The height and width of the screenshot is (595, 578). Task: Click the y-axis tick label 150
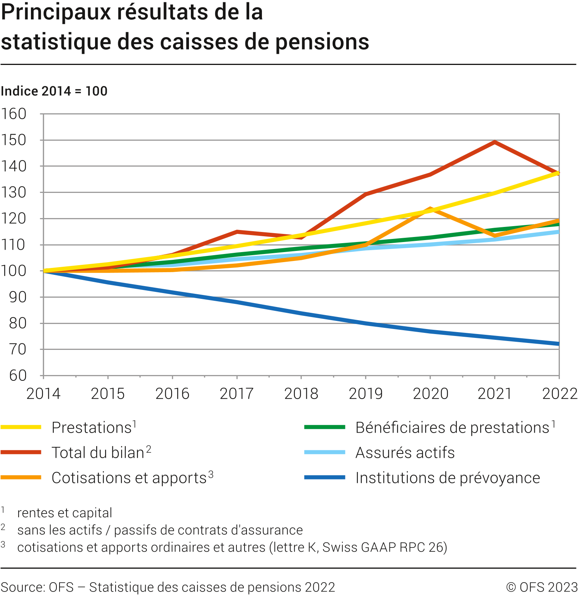click(x=14, y=140)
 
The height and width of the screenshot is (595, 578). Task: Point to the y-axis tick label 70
click(x=18, y=349)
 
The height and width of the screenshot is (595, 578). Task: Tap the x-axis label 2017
click(x=236, y=394)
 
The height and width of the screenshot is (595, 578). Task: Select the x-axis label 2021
click(x=495, y=394)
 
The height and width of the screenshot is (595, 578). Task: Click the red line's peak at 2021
click(x=495, y=142)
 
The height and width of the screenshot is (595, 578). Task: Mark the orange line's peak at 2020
click(x=430, y=209)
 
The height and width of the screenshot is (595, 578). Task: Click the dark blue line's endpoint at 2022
click(x=558, y=344)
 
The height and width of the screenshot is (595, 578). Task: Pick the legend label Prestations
click(x=92, y=428)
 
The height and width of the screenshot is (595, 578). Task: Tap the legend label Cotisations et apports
click(x=129, y=478)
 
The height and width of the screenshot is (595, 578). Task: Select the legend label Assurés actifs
click(x=405, y=453)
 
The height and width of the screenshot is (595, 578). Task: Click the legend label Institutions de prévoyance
click(x=447, y=478)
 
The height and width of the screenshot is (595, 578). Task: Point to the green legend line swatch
click(x=325, y=427)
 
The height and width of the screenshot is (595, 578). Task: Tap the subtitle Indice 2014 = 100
click(x=54, y=91)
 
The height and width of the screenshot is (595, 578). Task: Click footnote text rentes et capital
click(x=65, y=513)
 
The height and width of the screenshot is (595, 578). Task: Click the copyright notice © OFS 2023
click(x=542, y=587)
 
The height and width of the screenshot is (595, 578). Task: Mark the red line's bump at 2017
click(x=237, y=232)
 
